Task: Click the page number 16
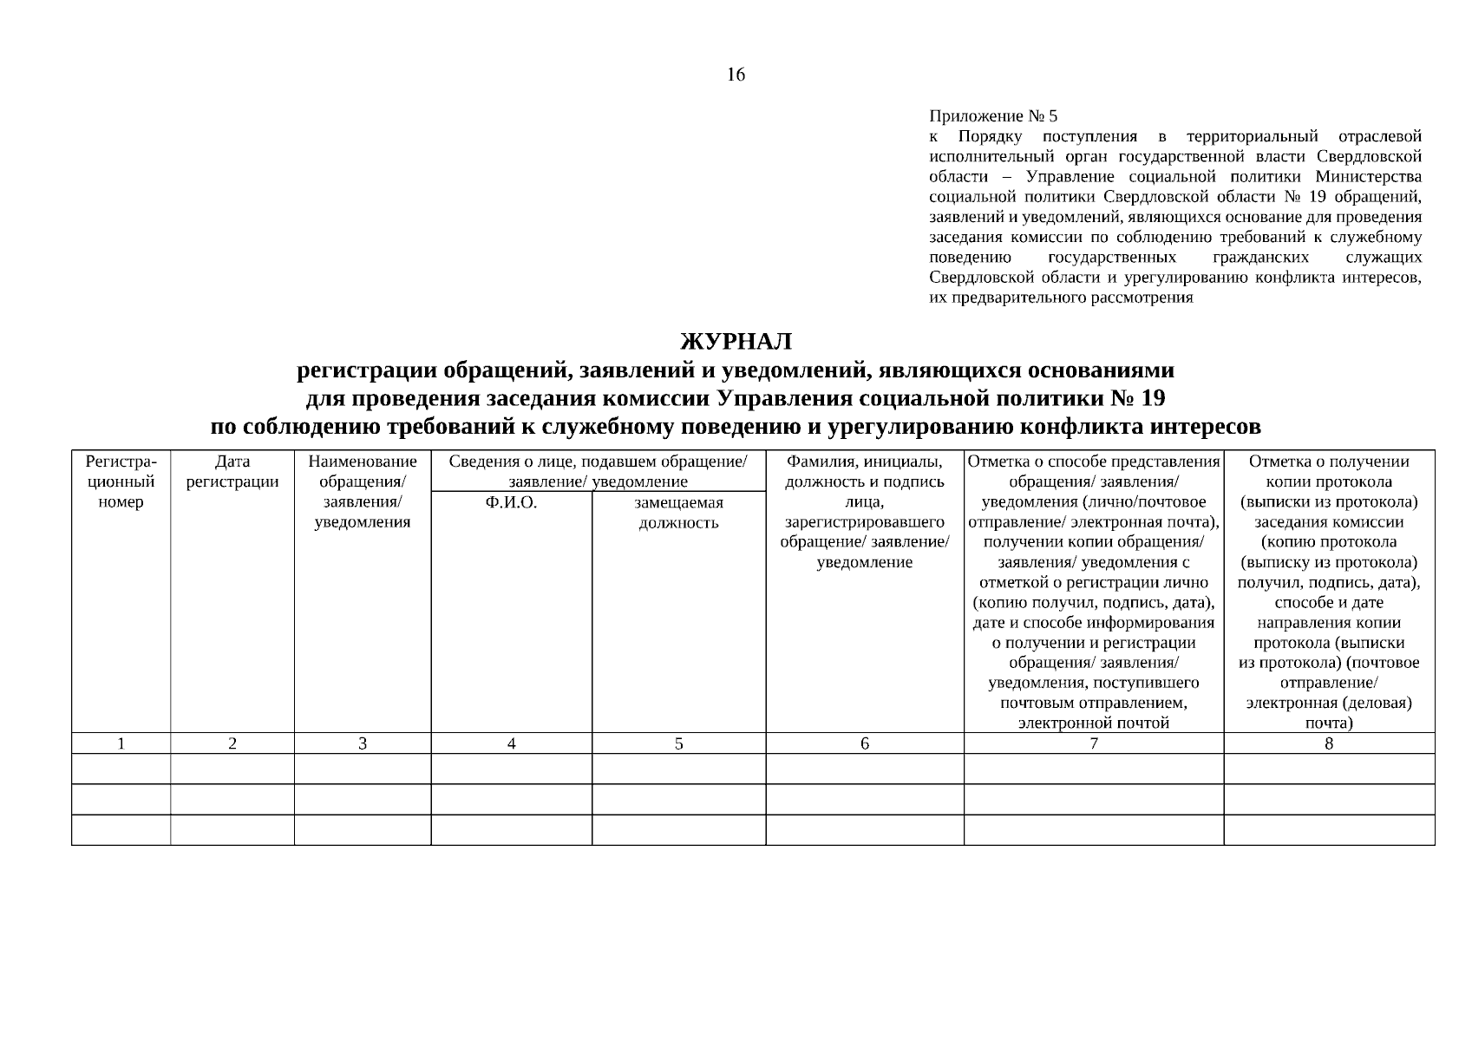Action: point(735,75)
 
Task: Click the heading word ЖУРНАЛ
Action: point(736,341)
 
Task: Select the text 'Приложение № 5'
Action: point(993,116)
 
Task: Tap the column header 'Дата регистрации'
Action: point(232,472)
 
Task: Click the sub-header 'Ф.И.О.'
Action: point(511,502)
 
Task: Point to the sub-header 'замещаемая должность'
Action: point(678,513)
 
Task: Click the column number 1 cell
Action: point(121,743)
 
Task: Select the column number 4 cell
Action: point(511,743)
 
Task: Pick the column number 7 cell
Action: point(1093,743)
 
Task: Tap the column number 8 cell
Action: point(1328,743)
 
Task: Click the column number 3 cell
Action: point(362,743)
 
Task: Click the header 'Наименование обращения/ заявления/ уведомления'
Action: point(362,492)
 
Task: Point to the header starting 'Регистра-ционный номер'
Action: point(121,482)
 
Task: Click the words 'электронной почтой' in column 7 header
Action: point(1093,723)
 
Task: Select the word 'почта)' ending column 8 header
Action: point(1328,723)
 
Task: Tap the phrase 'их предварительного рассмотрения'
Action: point(1060,298)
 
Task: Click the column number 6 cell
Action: point(864,743)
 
